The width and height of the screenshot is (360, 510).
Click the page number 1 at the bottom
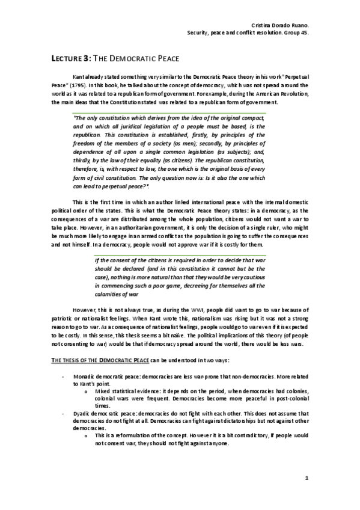[x=307, y=478]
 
